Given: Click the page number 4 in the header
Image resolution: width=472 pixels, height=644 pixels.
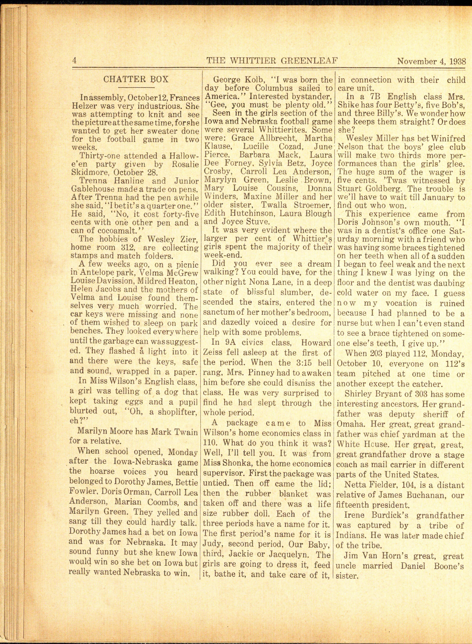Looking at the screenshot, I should click(x=74, y=61).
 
